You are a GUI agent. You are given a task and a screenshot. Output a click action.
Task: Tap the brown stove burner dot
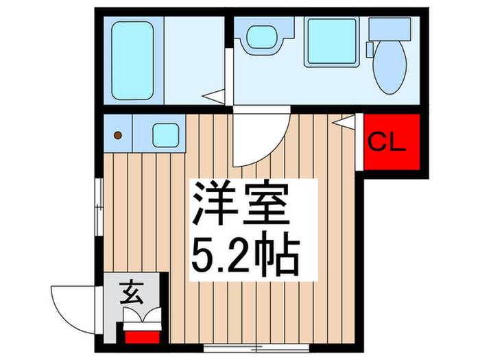click(118, 136)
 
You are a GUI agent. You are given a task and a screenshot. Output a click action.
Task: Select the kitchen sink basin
click(165, 135)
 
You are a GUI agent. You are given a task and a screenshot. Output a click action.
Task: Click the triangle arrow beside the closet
click(345, 122)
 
